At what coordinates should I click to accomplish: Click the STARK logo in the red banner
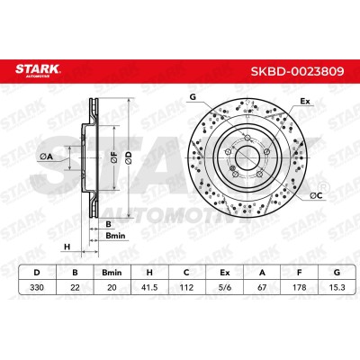click(x=38, y=70)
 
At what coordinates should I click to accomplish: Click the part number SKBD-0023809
click(x=297, y=71)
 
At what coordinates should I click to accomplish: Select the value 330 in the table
click(x=37, y=287)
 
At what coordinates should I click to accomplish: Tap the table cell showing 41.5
click(x=149, y=287)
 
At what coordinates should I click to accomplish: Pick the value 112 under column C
click(x=186, y=287)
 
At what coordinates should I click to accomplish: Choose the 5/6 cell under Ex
click(x=224, y=287)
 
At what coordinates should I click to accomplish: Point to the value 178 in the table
click(x=300, y=287)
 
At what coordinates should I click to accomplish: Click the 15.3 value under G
click(x=337, y=287)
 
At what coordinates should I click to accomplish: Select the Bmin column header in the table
click(x=112, y=273)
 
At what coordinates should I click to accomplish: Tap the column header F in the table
click(x=300, y=273)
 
